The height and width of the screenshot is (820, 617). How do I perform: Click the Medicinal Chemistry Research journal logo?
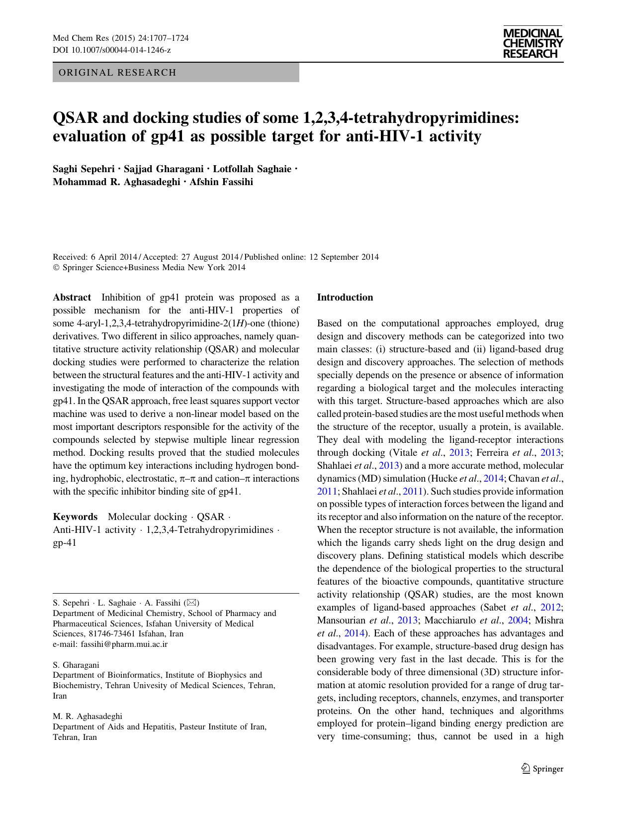[x=532, y=44]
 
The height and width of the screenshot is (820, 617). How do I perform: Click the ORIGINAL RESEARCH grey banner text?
[x=117, y=73]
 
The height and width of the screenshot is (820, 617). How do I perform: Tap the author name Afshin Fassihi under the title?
[x=221, y=182]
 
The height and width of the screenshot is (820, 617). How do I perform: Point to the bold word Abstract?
[x=72, y=298]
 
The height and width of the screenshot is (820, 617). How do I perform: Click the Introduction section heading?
[x=345, y=298]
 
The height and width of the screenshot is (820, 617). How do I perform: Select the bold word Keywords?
[x=75, y=517]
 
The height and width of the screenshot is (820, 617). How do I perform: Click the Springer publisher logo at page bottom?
[x=542, y=769]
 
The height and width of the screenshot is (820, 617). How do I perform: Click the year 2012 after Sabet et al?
[x=552, y=608]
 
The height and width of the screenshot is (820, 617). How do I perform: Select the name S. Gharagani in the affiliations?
[x=76, y=665]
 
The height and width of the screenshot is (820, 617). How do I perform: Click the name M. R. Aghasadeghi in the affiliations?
[x=88, y=717]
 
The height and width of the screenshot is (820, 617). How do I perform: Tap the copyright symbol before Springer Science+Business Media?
[x=56, y=268]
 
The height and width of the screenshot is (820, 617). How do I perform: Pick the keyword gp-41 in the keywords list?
[x=65, y=543]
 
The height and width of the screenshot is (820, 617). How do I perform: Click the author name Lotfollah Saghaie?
[x=252, y=169]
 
